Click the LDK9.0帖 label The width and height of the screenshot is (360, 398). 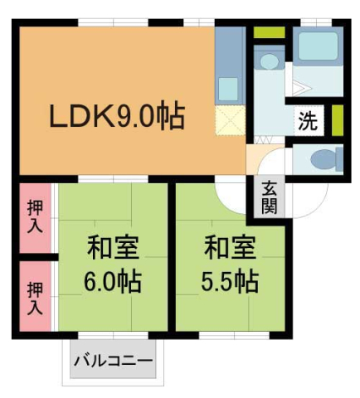click(x=116, y=116)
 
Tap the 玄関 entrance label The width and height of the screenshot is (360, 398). click(x=269, y=197)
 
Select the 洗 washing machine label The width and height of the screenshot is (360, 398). click(x=307, y=122)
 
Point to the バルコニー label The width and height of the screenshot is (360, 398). click(x=113, y=362)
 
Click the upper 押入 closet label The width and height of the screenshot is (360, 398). click(x=34, y=214)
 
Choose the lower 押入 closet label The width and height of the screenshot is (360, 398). click(x=34, y=298)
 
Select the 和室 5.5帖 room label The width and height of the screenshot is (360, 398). click(x=230, y=264)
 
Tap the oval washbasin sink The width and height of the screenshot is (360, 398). click(x=268, y=61)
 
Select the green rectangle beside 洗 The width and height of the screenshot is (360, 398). click(x=337, y=121)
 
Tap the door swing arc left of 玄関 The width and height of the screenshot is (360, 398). click(x=232, y=195)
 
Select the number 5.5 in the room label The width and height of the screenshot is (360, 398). click(x=217, y=282)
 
